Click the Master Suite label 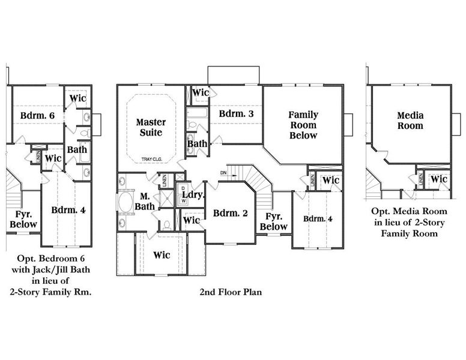(x=151, y=127)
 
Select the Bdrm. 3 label (x=235, y=113)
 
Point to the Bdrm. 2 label (x=228, y=212)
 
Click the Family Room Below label (x=303, y=125)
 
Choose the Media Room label (x=410, y=121)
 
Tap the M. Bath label (x=145, y=201)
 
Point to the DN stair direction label (x=223, y=173)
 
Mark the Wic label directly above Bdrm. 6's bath (x=78, y=98)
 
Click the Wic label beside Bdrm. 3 (x=201, y=93)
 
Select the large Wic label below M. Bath (x=161, y=255)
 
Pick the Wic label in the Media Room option (x=439, y=179)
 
